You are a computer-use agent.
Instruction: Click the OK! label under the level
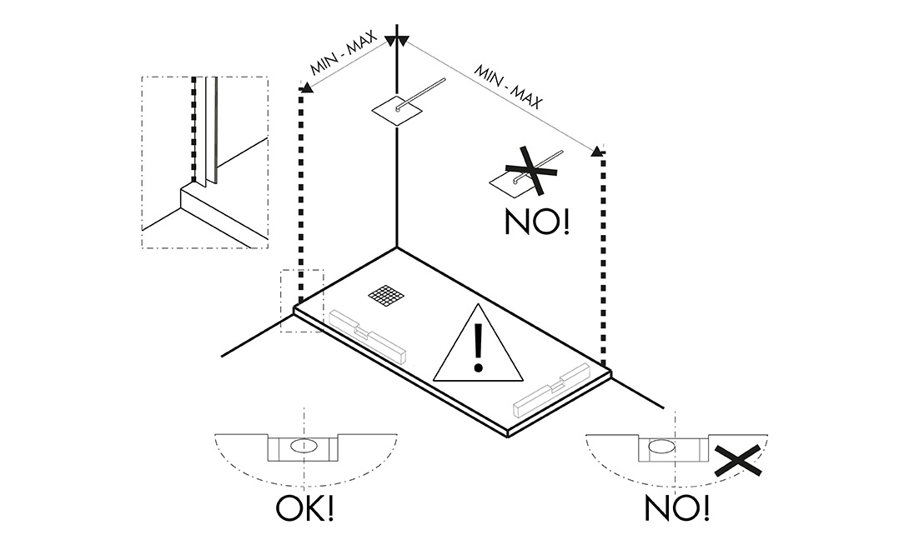(304, 509)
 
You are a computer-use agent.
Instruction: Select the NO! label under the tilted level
(676, 507)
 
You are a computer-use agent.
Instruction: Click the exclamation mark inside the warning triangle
(478, 348)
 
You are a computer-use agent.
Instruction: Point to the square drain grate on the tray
(386, 296)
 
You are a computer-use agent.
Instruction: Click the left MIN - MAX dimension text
(345, 55)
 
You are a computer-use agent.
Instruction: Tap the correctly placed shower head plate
(395, 109)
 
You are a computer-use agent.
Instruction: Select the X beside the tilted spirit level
(737, 461)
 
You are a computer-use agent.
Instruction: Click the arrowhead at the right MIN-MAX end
(598, 151)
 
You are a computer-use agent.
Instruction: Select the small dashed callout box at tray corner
(301, 301)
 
